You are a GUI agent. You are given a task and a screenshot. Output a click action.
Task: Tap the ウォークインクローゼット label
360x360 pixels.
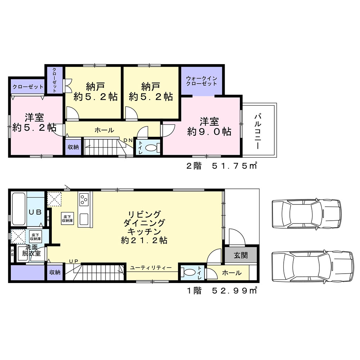[202, 81]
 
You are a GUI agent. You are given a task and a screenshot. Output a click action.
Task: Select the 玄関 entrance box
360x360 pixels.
[240, 255]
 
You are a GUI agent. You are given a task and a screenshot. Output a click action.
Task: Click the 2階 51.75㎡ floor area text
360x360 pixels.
[221, 166]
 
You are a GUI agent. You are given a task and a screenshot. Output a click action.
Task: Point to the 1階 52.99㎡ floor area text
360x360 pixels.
[222, 291]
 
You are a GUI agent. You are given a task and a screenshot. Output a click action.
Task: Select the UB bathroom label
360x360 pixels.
[35, 212]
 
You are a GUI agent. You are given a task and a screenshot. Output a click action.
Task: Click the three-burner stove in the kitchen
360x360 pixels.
[84, 199]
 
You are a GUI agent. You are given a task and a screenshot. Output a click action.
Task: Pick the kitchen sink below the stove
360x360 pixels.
[84, 220]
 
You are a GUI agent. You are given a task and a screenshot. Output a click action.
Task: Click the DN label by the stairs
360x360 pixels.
[128, 140]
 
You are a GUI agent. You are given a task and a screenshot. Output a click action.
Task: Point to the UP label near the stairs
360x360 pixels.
[74, 261]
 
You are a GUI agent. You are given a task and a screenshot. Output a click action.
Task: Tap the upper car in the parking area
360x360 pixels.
[306, 213]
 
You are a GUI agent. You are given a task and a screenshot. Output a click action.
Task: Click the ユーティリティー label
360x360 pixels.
[151, 268]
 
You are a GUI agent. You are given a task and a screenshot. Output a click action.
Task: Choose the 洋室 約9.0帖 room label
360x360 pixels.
[209, 126]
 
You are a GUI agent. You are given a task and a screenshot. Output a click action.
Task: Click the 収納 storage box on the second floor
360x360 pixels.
[73, 147]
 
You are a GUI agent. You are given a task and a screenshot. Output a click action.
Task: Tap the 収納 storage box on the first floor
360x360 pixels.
[55, 272]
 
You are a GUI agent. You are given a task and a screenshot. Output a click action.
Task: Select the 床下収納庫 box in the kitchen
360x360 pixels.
[67, 219]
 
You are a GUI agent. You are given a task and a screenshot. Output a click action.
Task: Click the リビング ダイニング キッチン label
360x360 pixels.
[144, 227]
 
